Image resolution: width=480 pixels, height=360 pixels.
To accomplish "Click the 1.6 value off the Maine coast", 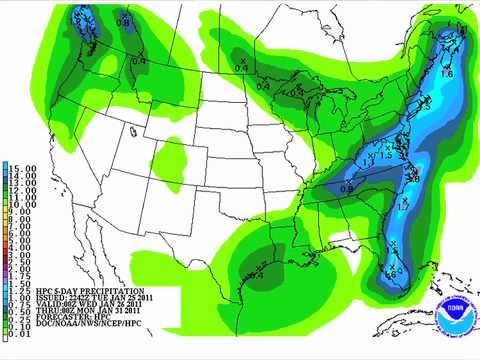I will coord(446,74).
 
